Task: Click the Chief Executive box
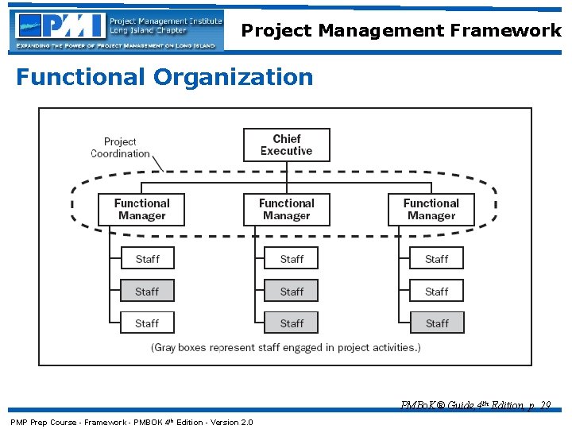click(x=286, y=145)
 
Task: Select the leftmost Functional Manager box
click(x=141, y=210)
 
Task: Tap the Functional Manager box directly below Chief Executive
click(x=286, y=210)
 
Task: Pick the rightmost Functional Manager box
click(x=431, y=210)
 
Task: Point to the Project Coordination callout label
click(x=120, y=148)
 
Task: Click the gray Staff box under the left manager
click(x=147, y=292)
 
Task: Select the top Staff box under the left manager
click(x=147, y=259)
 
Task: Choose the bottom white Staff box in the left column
click(x=147, y=323)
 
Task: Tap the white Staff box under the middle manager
click(x=292, y=259)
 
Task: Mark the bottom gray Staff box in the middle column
click(x=292, y=323)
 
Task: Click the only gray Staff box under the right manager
click(x=436, y=323)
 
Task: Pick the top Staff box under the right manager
click(x=436, y=259)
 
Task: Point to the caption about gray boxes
click(x=286, y=347)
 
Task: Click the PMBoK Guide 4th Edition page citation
click(x=476, y=405)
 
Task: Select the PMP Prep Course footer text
click(x=131, y=422)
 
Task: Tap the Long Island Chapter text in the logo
click(x=149, y=30)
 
